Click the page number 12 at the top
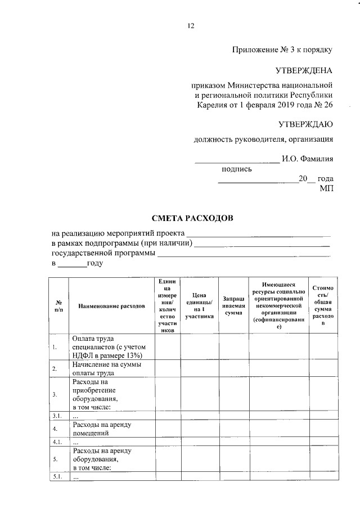191,26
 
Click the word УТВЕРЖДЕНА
304,70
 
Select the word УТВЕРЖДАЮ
305,124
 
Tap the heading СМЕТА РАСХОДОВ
191,217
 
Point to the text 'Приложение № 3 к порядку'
282,49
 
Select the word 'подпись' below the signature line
237,169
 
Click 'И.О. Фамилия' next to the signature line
307,159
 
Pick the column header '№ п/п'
58,306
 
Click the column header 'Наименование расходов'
109,306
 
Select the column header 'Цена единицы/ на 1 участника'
200,305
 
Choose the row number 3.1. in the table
57,416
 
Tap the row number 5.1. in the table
57,476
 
